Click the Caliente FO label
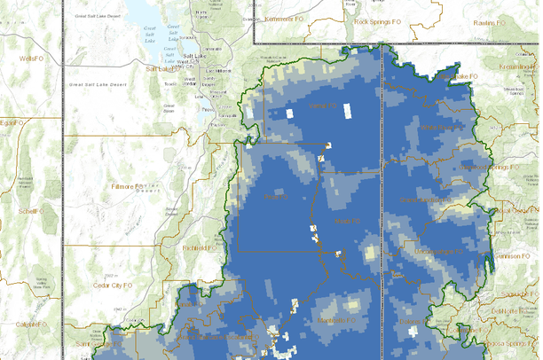tap(18, 325)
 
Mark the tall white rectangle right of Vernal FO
tap(347, 113)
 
